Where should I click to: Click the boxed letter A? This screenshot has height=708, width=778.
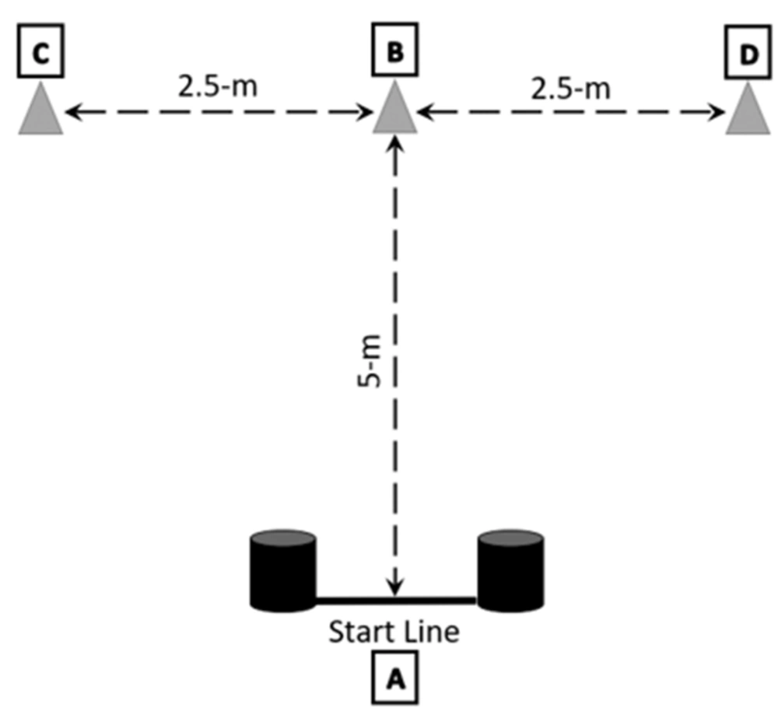395,678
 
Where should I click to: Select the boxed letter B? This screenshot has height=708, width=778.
395,50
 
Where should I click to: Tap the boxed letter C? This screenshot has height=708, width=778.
40,51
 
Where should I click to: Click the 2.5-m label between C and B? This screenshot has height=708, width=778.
218,87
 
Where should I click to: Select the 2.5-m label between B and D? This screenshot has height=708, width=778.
570,89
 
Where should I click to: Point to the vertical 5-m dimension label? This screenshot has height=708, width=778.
370,361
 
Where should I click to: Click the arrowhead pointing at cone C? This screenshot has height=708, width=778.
73,112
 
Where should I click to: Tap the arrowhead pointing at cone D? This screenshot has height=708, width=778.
717,112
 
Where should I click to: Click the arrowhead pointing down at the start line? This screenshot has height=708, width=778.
395,587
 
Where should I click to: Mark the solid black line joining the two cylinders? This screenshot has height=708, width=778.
396,601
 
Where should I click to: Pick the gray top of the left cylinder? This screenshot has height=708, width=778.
283,538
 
